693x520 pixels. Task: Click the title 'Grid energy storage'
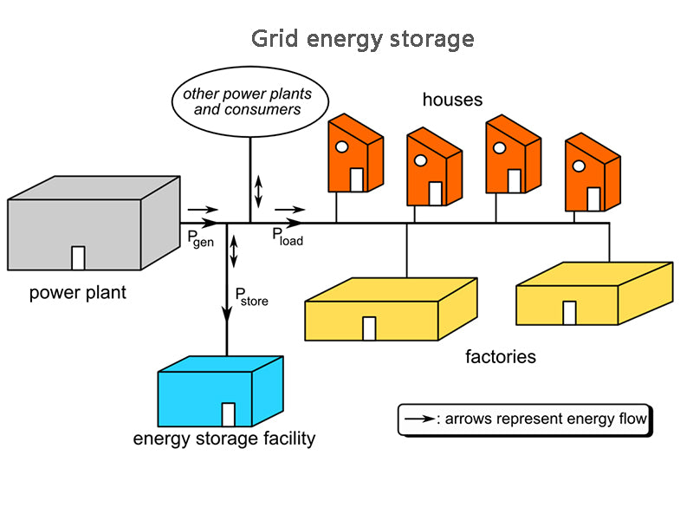pos(363,39)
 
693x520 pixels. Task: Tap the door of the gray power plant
pos(78,257)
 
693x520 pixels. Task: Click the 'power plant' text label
pos(77,293)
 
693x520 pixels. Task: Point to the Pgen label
pos(200,237)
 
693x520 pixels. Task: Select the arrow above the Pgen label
pos(203,210)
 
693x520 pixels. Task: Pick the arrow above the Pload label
pos(289,210)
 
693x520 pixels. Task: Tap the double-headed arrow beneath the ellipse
pos(257,191)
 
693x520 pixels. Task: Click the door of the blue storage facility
pos(229,414)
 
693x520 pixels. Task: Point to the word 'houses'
pos(452,101)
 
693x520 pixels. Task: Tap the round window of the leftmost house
pos(342,146)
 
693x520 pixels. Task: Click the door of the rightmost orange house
pos(593,198)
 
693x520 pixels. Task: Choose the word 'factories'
pos(501,357)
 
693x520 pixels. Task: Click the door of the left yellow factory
pos(369,328)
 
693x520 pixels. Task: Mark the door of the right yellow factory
pos(569,312)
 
